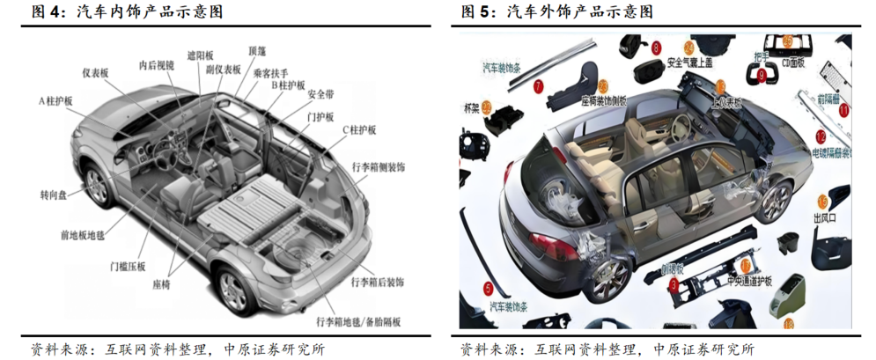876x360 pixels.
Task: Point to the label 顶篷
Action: click(259, 52)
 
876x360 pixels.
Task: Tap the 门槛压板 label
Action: click(128, 267)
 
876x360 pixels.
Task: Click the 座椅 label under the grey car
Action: click(167, 285)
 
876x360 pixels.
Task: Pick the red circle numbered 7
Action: click(539, 85)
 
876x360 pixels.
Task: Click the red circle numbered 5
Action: click(489, 287)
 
